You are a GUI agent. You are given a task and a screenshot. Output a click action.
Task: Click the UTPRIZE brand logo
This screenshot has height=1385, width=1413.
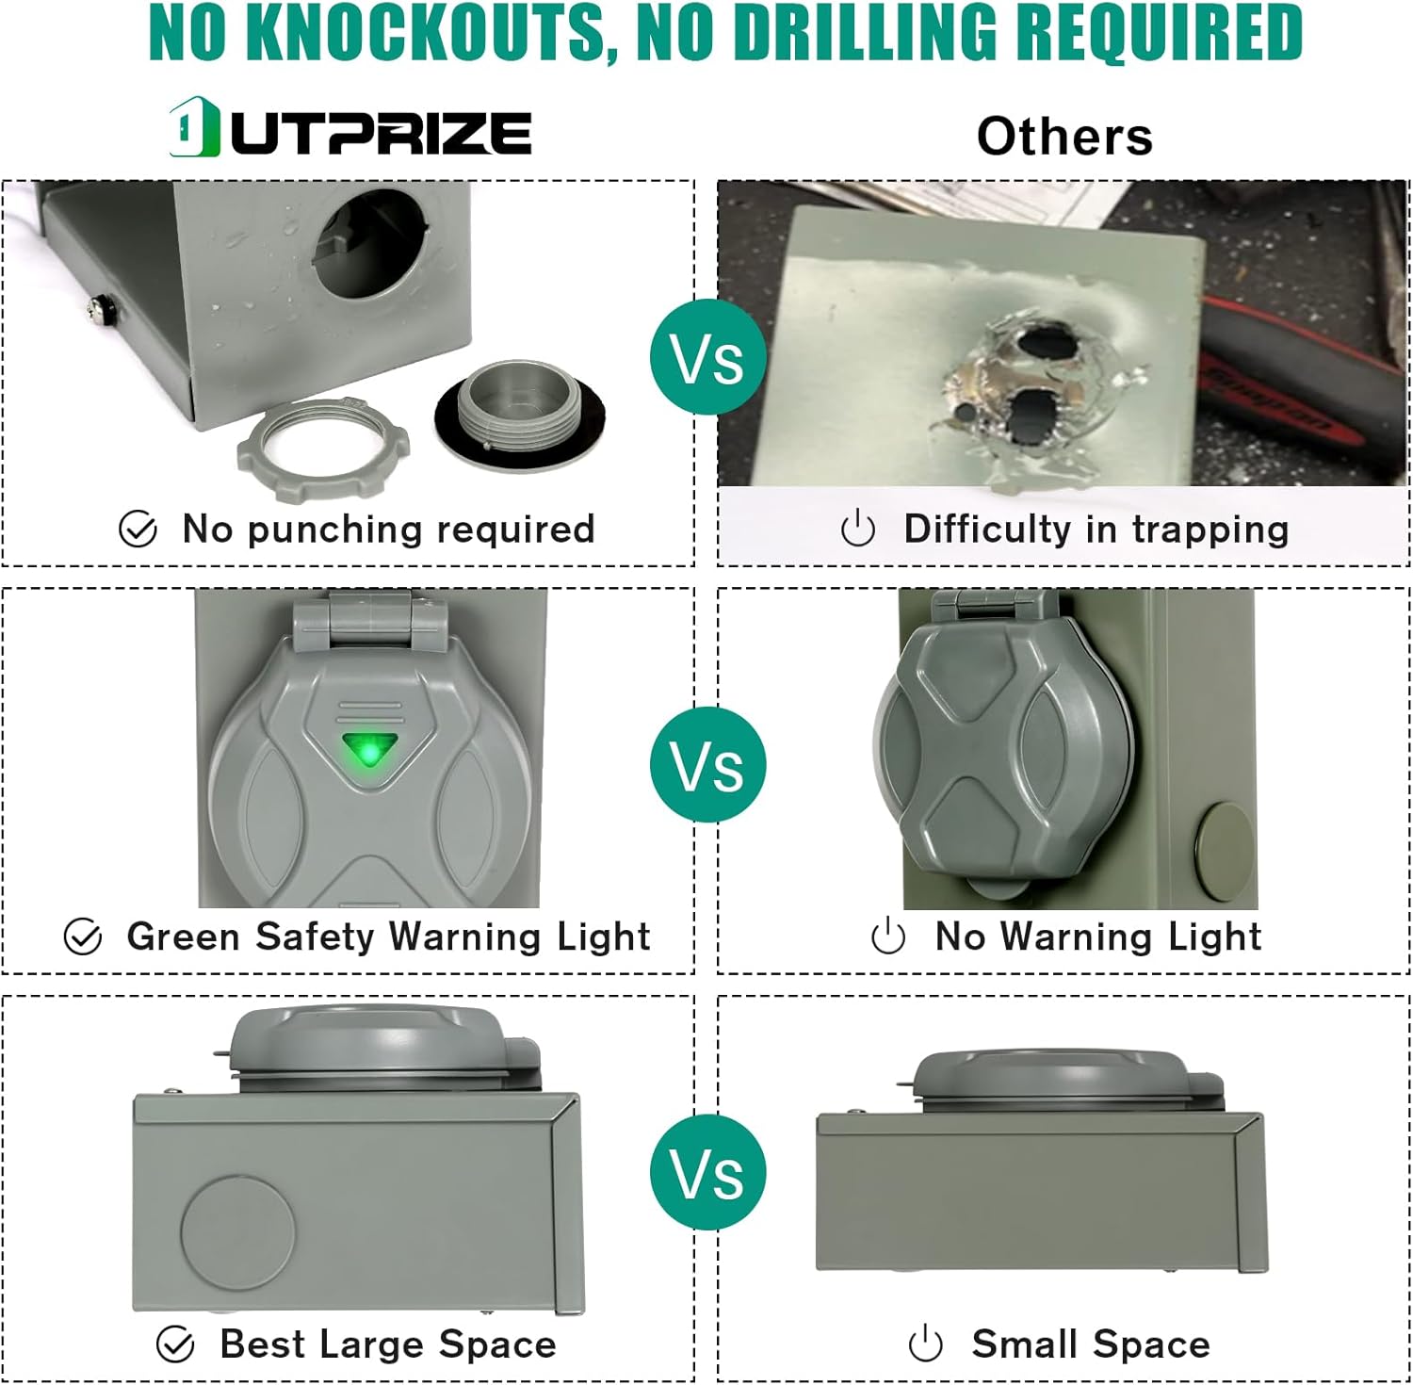[x=350, y=129]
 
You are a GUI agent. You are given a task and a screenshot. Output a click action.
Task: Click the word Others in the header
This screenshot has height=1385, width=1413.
[x=1064, y=137]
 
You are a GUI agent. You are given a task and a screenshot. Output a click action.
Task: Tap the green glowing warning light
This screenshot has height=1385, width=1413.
[x=369, y=751]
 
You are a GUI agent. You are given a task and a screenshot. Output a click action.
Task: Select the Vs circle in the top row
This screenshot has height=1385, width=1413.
[x=707, y=358]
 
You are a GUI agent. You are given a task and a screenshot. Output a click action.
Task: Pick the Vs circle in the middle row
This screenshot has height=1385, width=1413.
[x=707, y=764]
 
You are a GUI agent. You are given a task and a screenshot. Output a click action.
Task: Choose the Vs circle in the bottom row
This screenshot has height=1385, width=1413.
[x=707, y=1172]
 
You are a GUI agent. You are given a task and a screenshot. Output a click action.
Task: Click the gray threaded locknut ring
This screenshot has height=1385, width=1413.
[x=323, y=440]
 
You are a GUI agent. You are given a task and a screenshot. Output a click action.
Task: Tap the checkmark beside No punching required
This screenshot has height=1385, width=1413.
[x=138, y=530]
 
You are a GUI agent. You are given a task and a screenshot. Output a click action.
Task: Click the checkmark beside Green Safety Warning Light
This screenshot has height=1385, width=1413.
[x=83, y=937]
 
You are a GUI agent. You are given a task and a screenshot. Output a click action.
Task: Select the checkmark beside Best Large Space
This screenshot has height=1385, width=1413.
[x=175, y=1344]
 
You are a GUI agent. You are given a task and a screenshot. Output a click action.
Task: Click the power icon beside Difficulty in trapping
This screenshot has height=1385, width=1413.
[x=857, y=530]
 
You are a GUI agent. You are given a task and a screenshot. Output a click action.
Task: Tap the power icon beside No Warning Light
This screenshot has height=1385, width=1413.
[x=888, y=937]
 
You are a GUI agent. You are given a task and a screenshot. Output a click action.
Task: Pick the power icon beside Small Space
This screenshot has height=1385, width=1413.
[x=925, y=1344]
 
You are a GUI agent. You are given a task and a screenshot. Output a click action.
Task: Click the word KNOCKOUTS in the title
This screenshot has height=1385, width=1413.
[x=430, y=32]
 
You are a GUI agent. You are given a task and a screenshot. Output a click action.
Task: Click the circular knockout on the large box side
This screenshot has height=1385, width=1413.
[x=237, y=1231]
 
